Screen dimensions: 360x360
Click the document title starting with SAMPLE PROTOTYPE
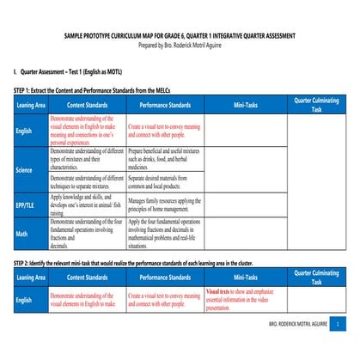click(x=180, y=36)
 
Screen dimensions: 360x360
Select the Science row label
click(x=25, y=169)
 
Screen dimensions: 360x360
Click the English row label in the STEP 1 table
click(x=26, y=131)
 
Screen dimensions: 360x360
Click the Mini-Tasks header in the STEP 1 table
click(x=244, y=105)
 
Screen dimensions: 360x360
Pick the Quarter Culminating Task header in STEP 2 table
click(x=317, y=277)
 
